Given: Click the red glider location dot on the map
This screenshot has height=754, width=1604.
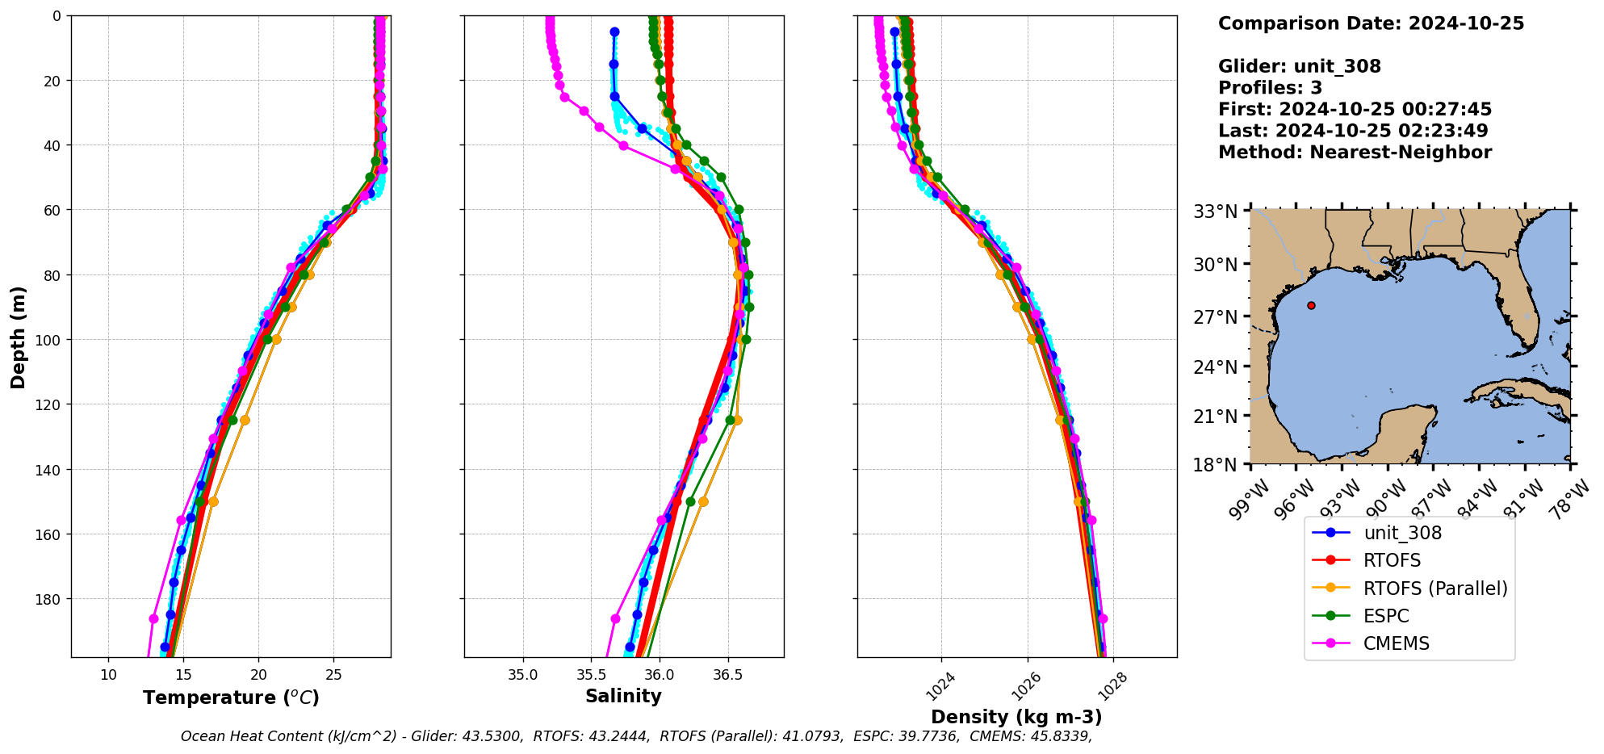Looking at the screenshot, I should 1311,305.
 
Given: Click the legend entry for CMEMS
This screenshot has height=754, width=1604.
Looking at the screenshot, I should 1396,643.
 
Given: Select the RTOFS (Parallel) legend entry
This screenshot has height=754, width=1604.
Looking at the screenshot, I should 1434,589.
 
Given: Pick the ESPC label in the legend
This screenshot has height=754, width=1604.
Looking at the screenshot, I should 1386,616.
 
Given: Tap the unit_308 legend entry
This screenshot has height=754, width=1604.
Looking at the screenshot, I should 1402,533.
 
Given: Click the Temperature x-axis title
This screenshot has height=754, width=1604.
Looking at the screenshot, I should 231,697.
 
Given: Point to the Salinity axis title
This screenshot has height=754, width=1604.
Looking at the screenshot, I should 623,696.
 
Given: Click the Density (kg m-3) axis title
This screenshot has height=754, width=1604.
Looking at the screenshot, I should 1016,717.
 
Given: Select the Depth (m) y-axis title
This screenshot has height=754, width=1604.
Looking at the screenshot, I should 18,337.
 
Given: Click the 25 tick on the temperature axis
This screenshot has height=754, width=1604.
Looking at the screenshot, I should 334,675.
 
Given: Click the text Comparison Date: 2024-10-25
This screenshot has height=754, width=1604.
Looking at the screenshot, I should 1371,23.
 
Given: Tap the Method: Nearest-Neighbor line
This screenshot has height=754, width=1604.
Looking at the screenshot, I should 1355,152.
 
